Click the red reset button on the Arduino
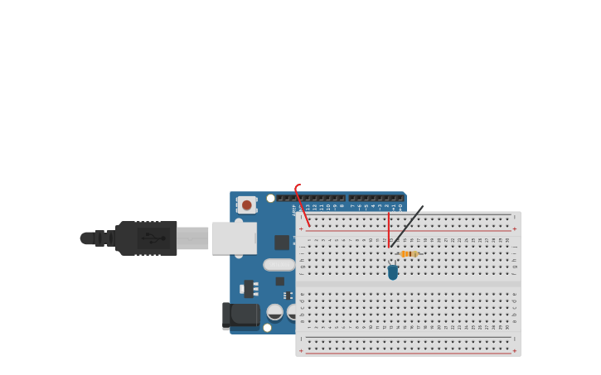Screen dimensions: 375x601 click(x=246, y=204)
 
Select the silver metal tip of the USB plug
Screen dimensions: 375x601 click(x=192, y=238)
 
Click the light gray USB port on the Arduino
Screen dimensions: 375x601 click(x=233, y=238)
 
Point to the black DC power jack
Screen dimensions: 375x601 click(x=240, y=315)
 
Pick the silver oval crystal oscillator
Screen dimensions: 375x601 click(x=279, y=265)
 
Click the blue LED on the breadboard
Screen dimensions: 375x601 click(x=392, y=272)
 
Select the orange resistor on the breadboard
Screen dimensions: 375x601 click(x=408, y=254)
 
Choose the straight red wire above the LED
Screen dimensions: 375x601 click(x=388, y=228)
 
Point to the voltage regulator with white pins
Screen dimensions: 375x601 click(x=248, y=288)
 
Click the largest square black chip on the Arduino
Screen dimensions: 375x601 click(x=282, y=242)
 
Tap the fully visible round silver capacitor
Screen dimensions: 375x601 click(x=274, y=312)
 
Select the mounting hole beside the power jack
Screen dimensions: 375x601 click(x=267, y=328)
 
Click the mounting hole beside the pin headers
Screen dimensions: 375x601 click(x=270, y=199)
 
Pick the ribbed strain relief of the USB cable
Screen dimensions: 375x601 click(x=104, y=238)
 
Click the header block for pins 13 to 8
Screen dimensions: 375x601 click(x=320, y=198)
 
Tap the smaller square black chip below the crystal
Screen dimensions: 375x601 click(x=280, y=281)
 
